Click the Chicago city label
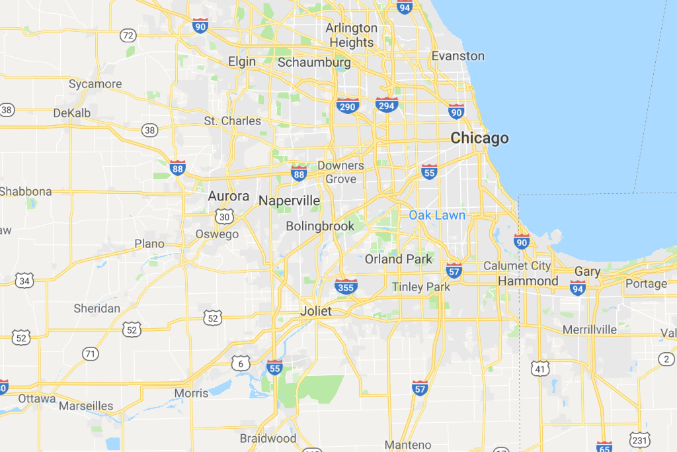point(479,138)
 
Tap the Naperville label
point(290,201)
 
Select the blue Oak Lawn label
point(437,215)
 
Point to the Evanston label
point(458,56)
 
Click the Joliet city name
point(315,311)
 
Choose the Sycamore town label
point(95,84)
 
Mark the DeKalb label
point(72,113)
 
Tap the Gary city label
point(587,271)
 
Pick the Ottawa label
point(37,398)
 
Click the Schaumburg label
point(313,63)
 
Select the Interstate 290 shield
point(347,106)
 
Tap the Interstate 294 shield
point(386,105)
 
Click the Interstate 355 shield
point(346,286)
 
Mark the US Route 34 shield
point(24,281)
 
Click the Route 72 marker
point(128,35)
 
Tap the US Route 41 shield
point(540,368)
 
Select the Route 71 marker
point(90,353)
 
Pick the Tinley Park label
point(420,287)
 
